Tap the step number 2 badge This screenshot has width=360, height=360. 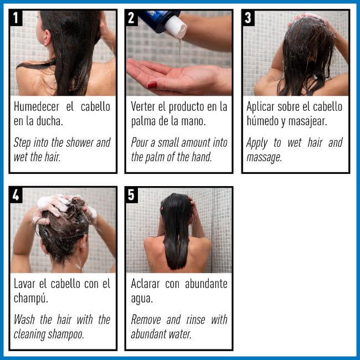(132, 18)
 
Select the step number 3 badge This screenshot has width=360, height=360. (249, 18)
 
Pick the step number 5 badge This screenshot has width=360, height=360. (132, 196)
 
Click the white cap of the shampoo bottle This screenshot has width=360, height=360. (176, 27)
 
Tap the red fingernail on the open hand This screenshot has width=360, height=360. (152, 85)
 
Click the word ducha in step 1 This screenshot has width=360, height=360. (48, 121)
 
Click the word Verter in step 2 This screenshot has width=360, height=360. (145, 106)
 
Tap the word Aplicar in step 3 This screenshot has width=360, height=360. (263, 106)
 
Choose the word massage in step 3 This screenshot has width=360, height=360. (264, 157)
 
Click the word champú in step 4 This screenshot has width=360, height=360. (30, 298)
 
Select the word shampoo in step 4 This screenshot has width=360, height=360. (66, 334)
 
